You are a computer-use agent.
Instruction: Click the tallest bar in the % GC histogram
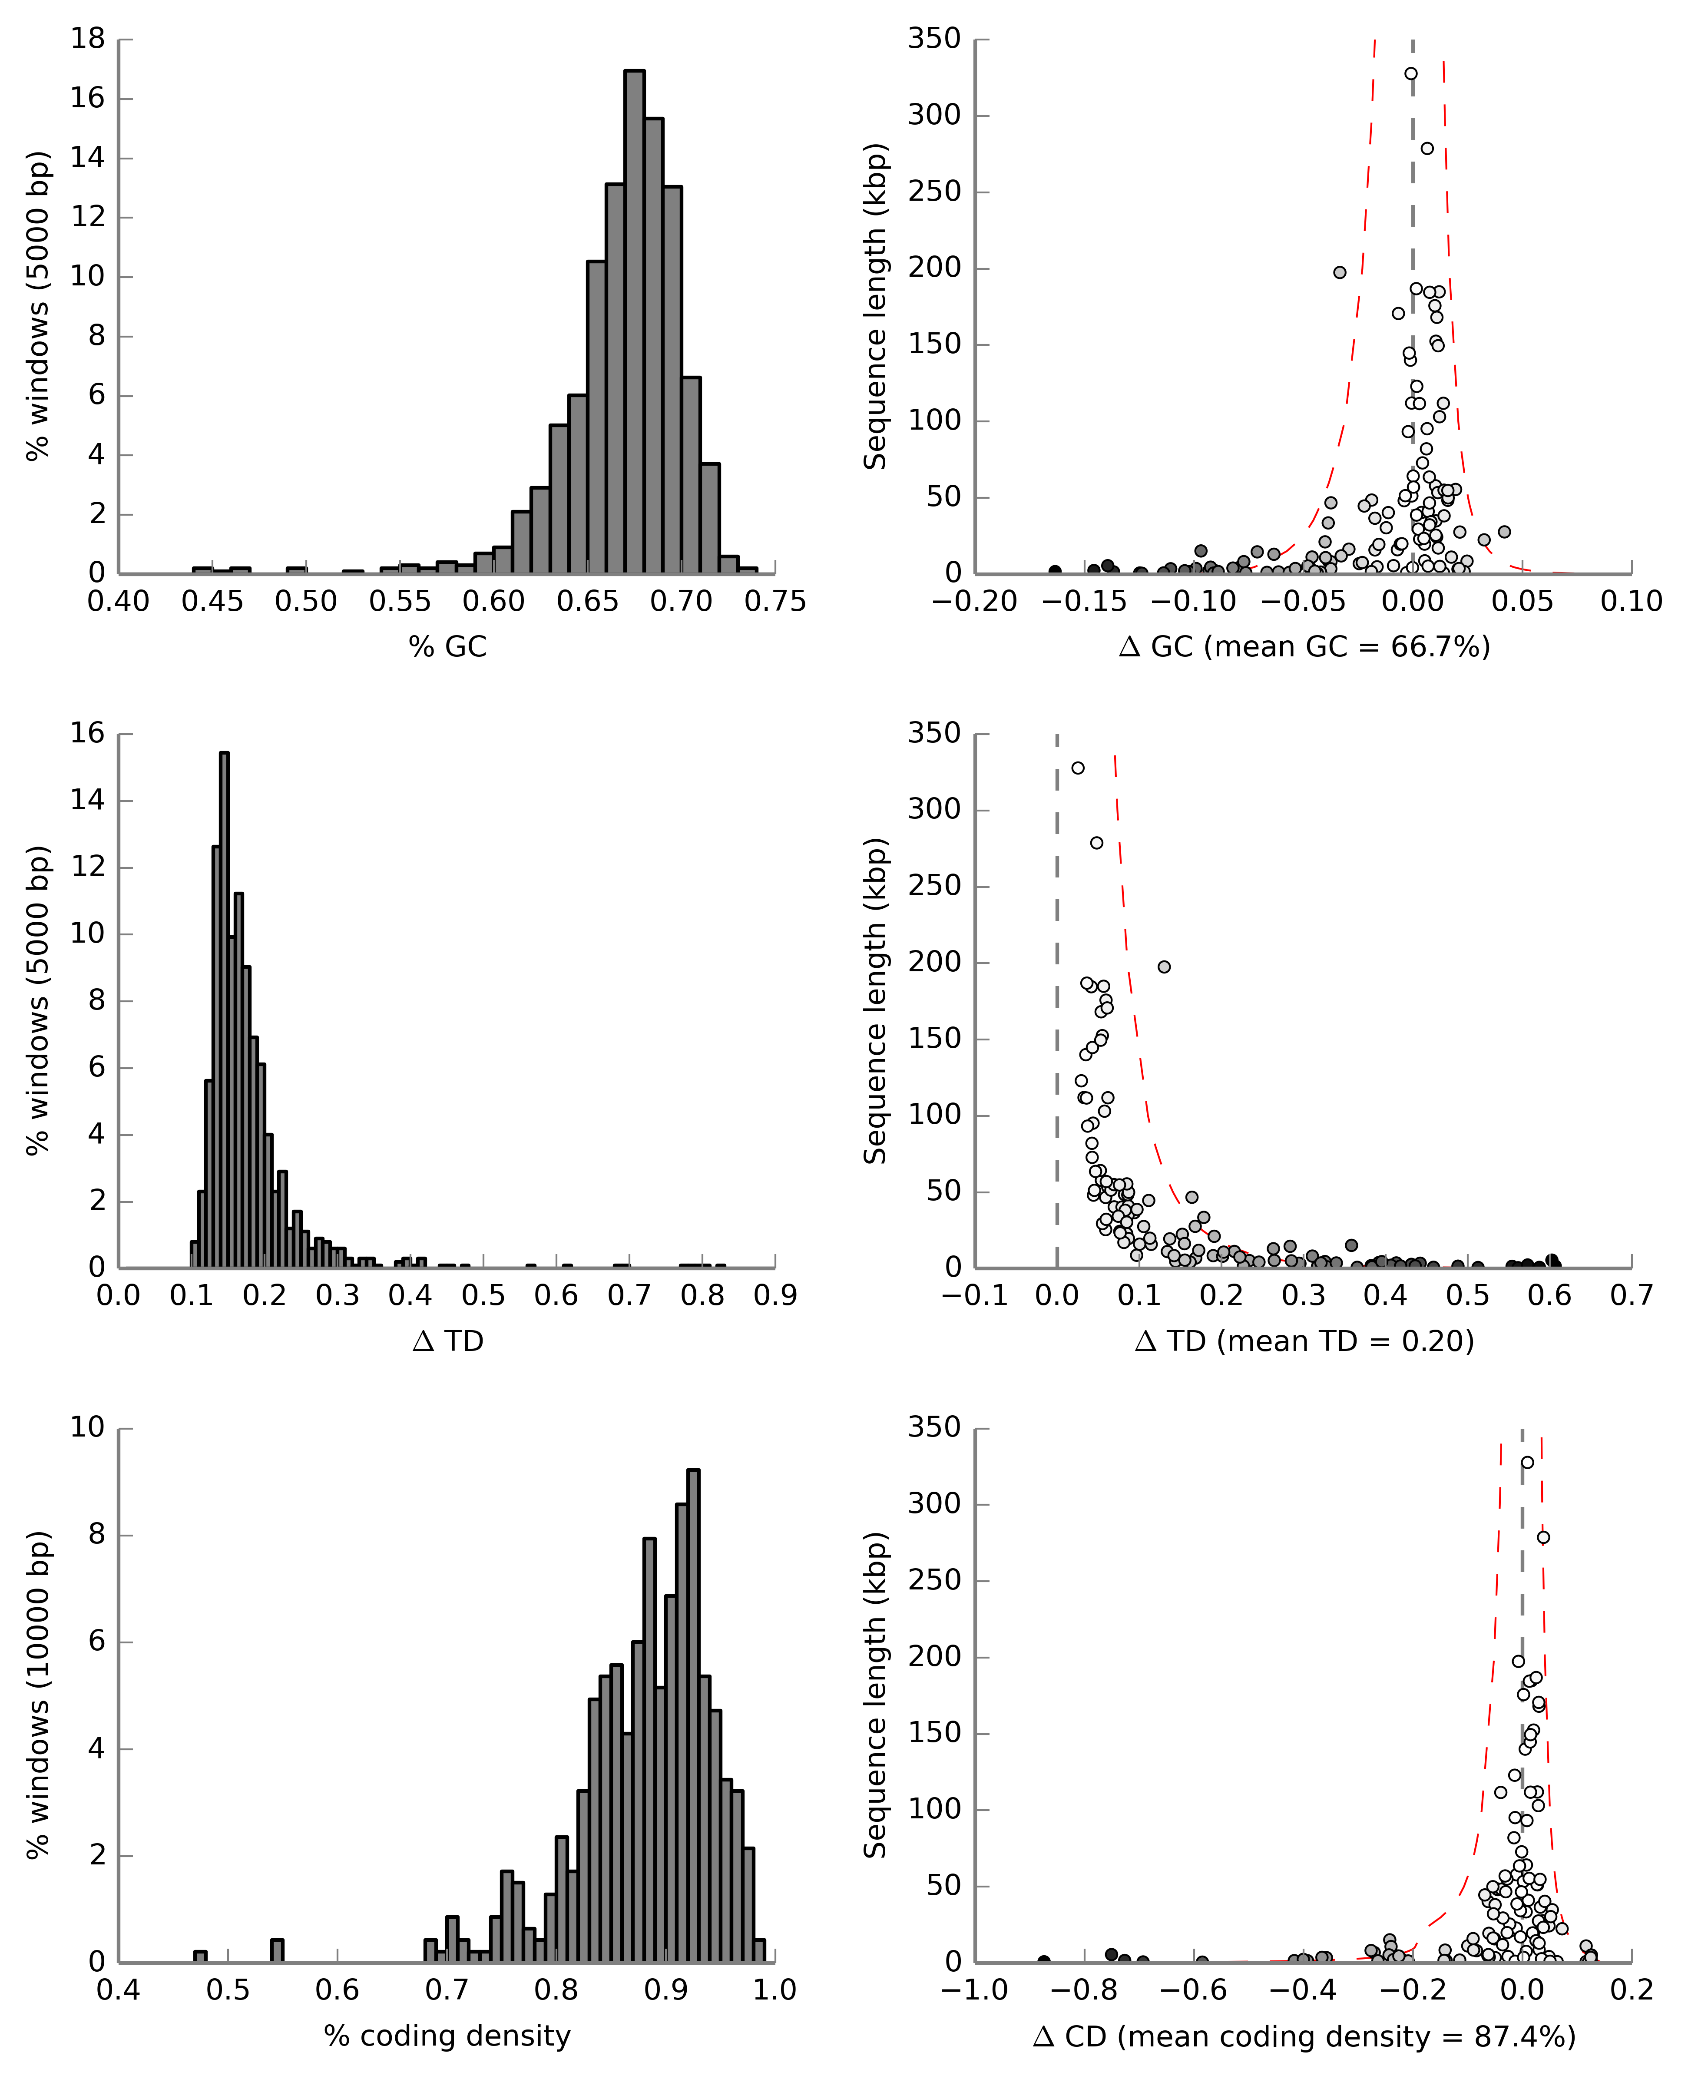(x=634, y=322)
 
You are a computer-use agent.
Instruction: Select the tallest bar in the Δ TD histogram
(x=225, y=1010)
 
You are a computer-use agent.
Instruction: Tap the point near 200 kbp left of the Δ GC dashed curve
(x=1340, y=272)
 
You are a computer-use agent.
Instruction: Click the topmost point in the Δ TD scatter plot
(x=1077, y=768)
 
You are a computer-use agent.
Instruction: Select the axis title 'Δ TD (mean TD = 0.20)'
(x=1304, y=1342)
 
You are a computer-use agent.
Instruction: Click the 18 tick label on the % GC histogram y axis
(x=89, y=39)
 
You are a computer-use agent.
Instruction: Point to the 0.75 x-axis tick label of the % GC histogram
(x=775, y=602)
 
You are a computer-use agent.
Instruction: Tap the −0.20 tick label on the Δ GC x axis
(x=975, y=602)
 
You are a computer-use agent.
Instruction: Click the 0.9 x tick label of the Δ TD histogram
(x=775, y=1296)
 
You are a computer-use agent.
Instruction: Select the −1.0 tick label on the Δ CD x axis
(x=975, y=1990)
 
